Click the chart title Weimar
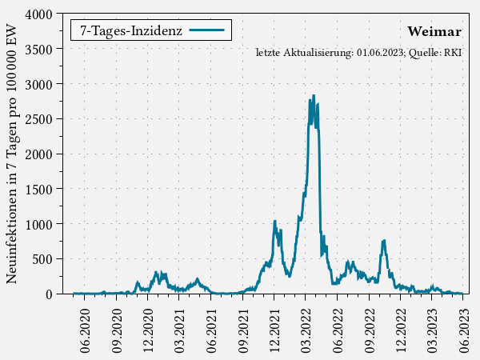pos(434,32)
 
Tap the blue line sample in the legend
pos(207,30)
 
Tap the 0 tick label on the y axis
pos(49,294)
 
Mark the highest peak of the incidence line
pos(313,95)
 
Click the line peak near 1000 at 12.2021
pos(274,221)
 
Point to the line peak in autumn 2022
pos(384,240)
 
